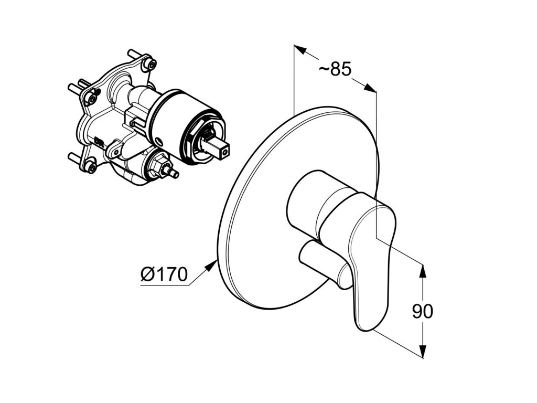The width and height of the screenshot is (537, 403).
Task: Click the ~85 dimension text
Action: [335, 69]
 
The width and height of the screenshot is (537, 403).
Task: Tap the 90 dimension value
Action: [422, 311]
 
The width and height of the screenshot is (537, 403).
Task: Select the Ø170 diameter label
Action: [164, 274]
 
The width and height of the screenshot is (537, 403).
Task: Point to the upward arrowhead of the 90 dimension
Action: [423, 269]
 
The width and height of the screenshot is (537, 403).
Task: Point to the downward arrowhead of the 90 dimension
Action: [423, 353]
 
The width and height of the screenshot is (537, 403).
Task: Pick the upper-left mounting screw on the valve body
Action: [92, 98]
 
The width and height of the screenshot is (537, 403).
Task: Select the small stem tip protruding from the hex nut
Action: [173, 173]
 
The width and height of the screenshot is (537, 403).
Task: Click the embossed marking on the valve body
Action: [100, 141]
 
